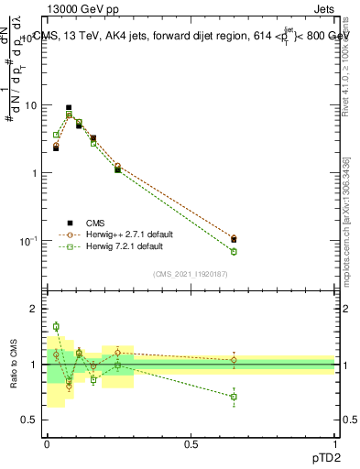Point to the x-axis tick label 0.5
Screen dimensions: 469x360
[191, 444]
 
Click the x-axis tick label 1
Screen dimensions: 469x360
[335, 444]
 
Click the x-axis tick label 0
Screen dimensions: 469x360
[47, 444]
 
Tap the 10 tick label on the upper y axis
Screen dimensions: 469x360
[31, 105]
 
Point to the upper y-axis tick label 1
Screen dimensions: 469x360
[35, 173]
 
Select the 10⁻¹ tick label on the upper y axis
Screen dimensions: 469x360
[29, 241]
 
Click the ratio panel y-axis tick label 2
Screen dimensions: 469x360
[34, 310]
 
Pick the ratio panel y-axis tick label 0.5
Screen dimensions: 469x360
[30, 420]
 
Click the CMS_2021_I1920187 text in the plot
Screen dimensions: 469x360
[191, 274]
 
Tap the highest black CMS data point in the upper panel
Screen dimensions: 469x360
[69, 107]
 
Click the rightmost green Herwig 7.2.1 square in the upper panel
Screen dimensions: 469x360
[234, 251]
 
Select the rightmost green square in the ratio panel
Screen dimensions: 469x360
[234, 397]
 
